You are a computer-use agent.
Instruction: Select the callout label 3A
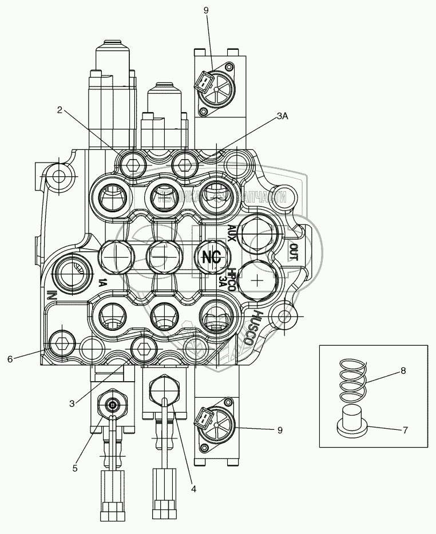(282, 116)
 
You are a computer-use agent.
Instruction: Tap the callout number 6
(10, 359)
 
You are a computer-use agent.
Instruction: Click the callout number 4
(193, 489)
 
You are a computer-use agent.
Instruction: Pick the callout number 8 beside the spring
(403, 371)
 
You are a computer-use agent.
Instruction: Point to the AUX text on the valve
(232, 234)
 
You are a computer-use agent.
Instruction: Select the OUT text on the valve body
(294, 251)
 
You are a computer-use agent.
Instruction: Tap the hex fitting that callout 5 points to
(113, 405)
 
